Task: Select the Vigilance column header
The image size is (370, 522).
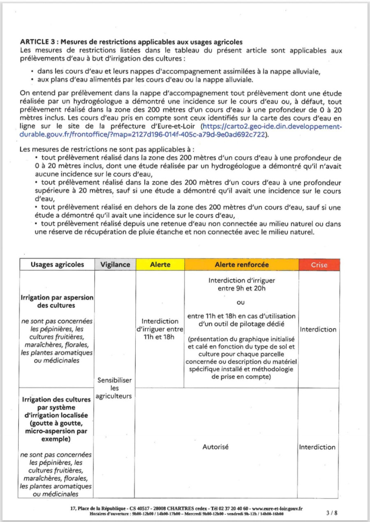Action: tap(115, 265)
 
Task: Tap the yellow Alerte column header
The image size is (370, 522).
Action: tap(160, 265)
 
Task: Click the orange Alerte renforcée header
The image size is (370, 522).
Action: tap(241, 265)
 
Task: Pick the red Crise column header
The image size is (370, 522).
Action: tap(319, 265)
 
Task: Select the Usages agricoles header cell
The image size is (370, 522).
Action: tap(57, 265)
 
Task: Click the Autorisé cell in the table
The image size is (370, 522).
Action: tap(215, 447)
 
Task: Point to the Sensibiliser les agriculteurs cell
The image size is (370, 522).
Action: tap(115, 388)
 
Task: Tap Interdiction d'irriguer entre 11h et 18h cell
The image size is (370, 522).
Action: tap(160, 329)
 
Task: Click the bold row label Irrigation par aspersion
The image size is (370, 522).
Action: tap(57, 301)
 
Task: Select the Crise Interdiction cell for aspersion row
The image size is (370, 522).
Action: tap(318, 329)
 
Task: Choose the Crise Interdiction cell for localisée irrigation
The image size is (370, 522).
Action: tap(317, 447)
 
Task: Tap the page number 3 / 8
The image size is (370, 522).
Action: tap(331, 513)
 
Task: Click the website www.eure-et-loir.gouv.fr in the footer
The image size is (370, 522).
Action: tap(277, 508)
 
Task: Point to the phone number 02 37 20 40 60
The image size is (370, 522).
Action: tap(230, 508)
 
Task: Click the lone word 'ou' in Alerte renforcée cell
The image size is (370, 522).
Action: tap(241, 303)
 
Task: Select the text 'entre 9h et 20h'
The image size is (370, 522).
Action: tap(241, 288)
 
